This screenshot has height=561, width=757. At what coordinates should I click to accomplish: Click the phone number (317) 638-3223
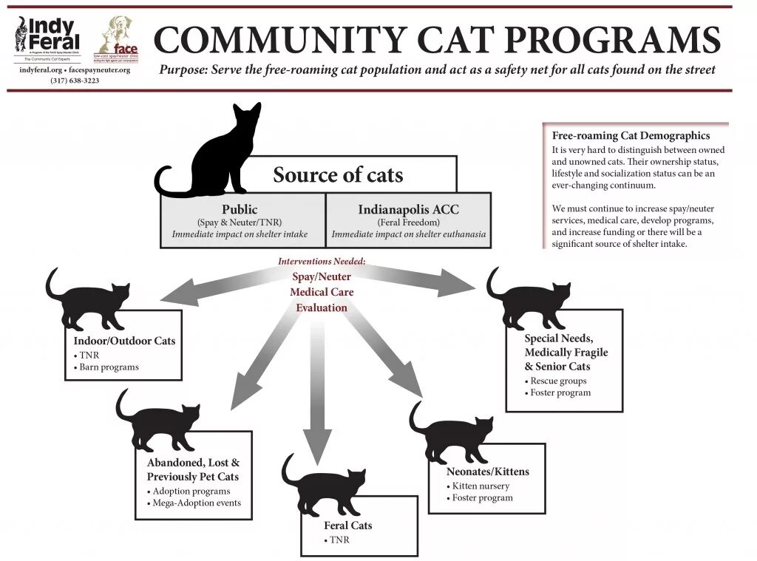pyautogui.click(x=75, y=80)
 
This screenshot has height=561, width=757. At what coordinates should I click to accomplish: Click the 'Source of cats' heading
pyautogui.click(x=338, y=175)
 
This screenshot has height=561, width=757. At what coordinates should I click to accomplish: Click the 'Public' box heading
pyautogui.click(x=240, y=209)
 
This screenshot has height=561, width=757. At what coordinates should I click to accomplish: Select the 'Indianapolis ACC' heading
pyautogui.click(x=408, y=209)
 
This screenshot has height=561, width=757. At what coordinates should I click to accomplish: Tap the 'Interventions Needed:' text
pyautogui.click(x=322, y=262)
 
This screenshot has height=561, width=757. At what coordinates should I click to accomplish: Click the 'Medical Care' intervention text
pyautogui.click(x=322, y=292)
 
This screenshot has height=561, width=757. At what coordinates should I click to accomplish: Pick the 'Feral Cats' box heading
pyautogui.click(x=348, y=526)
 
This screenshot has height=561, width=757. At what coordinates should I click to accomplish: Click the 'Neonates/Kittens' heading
pyautogui.click(x=488, y=472)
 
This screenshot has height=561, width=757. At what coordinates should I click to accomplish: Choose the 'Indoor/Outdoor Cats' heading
pyautogui.click(x=124, y=341)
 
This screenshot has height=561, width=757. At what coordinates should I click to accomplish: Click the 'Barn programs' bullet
pyautogui.click(x=109, y=367)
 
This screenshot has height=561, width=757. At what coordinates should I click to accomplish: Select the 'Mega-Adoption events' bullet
pyautogui.click(x=196, y=503)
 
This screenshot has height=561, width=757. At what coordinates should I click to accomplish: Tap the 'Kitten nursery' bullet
pyautogui.click(x=481, y=486)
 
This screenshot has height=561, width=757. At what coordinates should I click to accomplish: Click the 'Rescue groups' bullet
pyautogui.click(x=558, y=381)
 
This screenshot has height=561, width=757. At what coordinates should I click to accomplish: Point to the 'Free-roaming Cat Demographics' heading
pyautogui.click(x=631, y=135)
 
